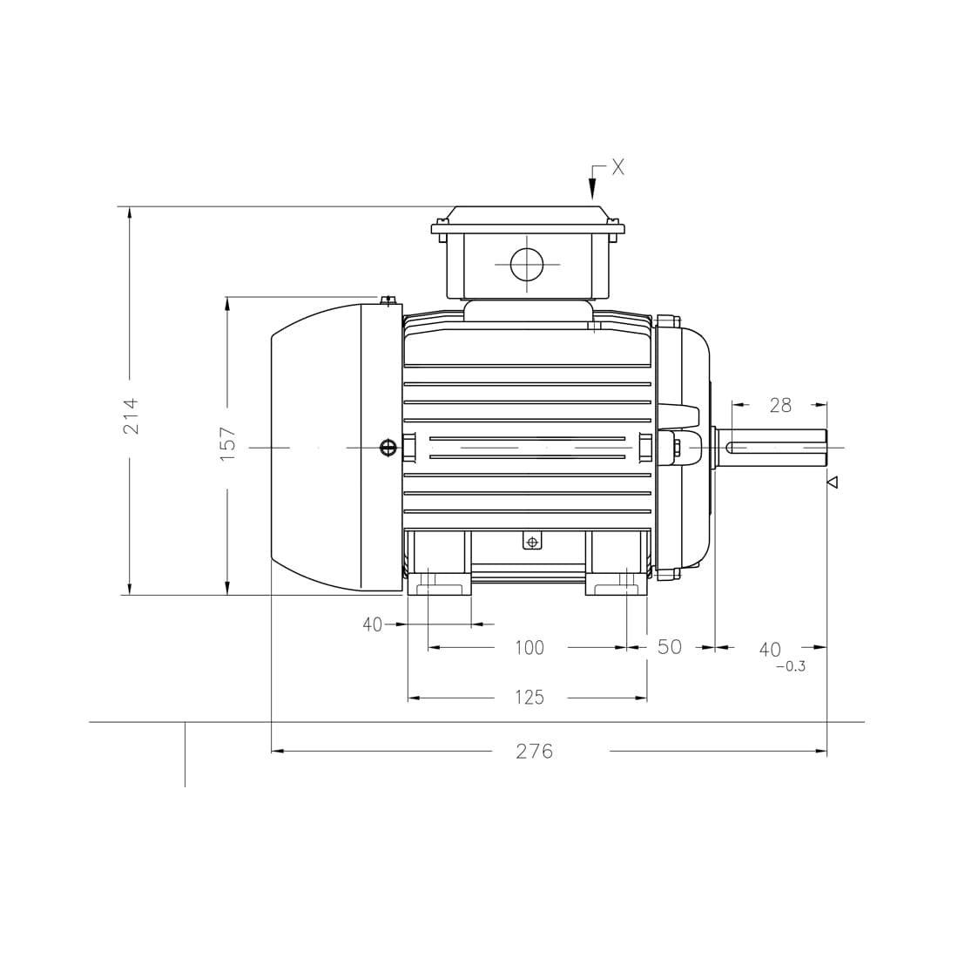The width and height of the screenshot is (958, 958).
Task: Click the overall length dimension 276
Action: tap(534, 751)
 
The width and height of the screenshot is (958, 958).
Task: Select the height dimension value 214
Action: tap(130, 415)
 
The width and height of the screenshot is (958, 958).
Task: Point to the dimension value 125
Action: tap(529, 698)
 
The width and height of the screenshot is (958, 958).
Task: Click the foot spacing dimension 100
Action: tap(529, 648)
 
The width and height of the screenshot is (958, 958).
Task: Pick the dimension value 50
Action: tap(669, 647)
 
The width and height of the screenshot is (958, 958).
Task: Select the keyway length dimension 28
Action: tap(780, 405)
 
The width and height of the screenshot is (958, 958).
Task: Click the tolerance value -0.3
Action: tap(790, 667)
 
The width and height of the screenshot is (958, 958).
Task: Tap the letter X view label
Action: tap(617, 167)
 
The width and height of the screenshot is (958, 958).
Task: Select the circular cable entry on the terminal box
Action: tap(527, 264)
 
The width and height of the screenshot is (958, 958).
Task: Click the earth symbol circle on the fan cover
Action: tap(388, 448)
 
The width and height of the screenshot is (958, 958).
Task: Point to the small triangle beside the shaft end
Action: tap(832, 482)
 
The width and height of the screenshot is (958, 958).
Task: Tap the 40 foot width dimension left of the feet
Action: tap(372, 624)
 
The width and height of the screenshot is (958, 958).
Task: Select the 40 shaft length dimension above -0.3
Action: tap(770, 650)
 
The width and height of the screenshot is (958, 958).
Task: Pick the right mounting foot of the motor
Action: tap(617, 582)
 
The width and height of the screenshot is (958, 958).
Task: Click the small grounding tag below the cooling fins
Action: tap(532, 542)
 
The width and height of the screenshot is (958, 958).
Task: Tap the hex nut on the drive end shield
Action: tap(677, 448)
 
